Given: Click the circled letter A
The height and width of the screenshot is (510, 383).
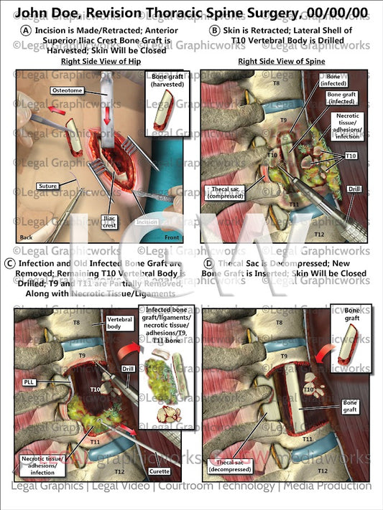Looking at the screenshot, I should (x=26, y=30).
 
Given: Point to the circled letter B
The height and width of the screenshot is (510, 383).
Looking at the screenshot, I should (x=215, y=30).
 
